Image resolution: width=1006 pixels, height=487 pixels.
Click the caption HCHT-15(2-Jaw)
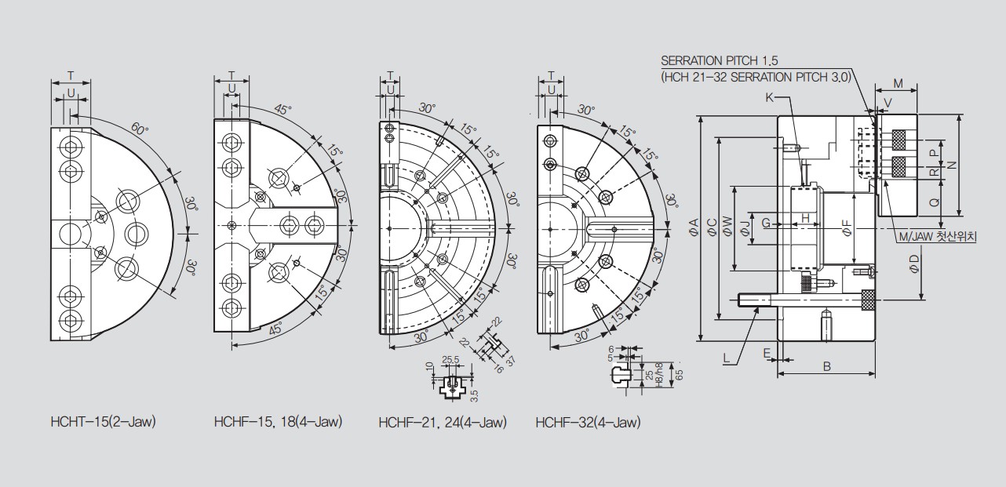104,422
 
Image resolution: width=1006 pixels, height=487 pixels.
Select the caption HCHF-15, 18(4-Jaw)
279,422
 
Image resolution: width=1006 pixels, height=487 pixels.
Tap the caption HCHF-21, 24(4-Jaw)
443,423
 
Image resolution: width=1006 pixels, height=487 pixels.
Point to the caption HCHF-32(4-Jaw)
589,423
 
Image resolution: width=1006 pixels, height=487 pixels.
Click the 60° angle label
140,129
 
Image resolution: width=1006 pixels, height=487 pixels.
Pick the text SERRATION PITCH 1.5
720,60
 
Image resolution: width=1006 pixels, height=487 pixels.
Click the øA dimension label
694,227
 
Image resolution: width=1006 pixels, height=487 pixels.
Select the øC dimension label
713,227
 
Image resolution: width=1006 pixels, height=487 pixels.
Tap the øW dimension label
727,227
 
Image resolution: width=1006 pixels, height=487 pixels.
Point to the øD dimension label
914,263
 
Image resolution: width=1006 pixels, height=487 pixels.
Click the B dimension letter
827,367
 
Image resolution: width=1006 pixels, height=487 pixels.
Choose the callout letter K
769,97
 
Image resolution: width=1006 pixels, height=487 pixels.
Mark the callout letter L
727,358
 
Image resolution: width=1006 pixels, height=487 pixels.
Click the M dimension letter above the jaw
898,83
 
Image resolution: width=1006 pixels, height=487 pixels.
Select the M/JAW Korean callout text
937,236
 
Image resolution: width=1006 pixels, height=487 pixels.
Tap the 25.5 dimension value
450,359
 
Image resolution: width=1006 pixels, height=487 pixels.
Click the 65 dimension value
679,375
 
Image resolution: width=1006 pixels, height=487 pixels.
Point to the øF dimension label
847,227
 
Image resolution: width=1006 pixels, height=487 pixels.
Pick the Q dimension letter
934,203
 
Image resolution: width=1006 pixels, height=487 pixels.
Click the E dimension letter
767,354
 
